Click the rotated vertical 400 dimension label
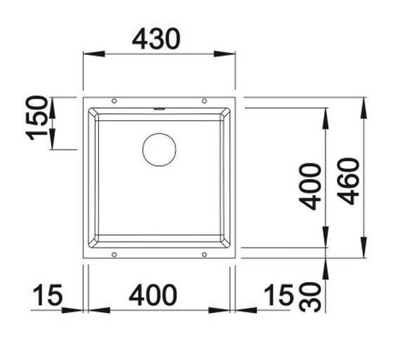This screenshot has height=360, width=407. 311,186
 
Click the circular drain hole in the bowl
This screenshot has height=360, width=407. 159,150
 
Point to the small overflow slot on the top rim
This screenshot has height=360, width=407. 159,110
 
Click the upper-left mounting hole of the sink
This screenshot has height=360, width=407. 114,100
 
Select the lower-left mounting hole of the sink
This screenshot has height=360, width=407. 114,253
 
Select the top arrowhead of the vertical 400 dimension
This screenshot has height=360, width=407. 327,116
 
